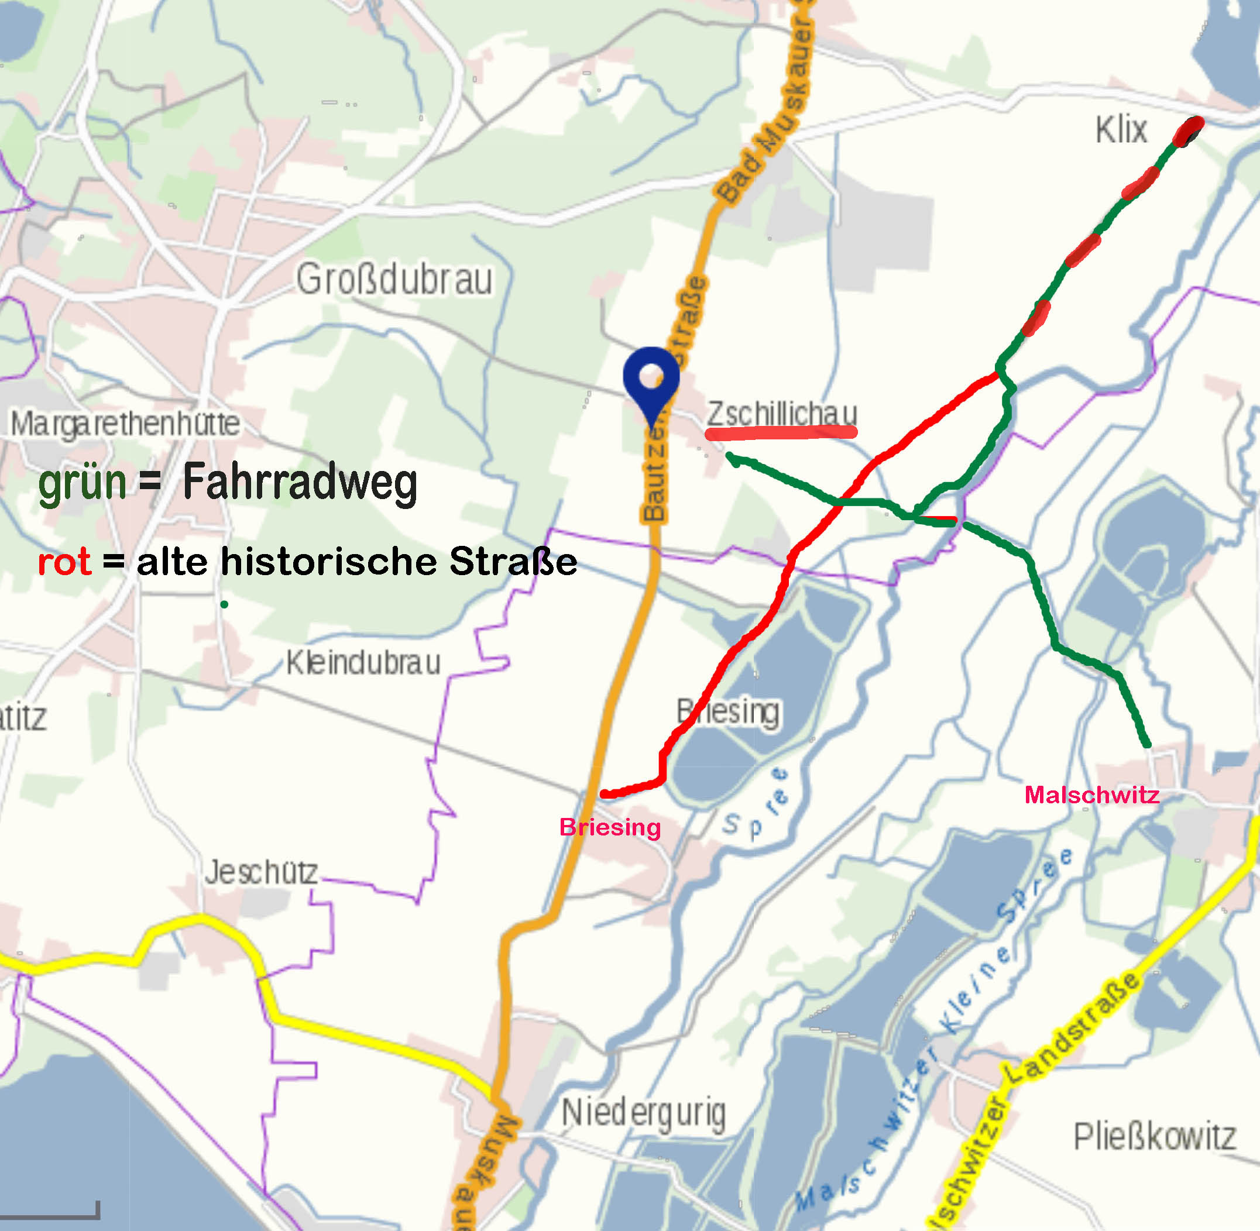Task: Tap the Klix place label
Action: (1121, 130)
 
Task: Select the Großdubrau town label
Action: (394, 280)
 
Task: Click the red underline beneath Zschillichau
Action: (781, 433)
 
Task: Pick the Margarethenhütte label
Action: (125, 424)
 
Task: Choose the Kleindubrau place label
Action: (363, 663)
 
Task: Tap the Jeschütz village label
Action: (262, 873)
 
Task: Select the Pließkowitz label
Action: (1155, 1155)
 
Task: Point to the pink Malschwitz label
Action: (1092, 795)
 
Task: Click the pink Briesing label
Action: (610, 827)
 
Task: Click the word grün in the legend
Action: (82, 483)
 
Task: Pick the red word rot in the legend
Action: (64, 561)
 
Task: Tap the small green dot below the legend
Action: (224, 604)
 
